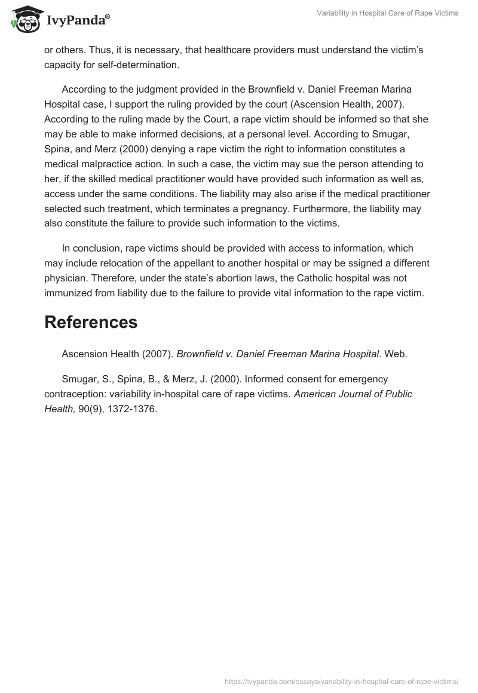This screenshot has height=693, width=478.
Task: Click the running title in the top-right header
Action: click(x=388, y=13)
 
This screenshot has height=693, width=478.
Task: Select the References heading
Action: click(x=91, y=322)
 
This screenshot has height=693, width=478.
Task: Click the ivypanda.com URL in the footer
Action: click(x=342, y=680)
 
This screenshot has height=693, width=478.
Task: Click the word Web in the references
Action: click(x=394, y=354)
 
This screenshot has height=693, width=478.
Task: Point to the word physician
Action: click(x=66, y=278)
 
